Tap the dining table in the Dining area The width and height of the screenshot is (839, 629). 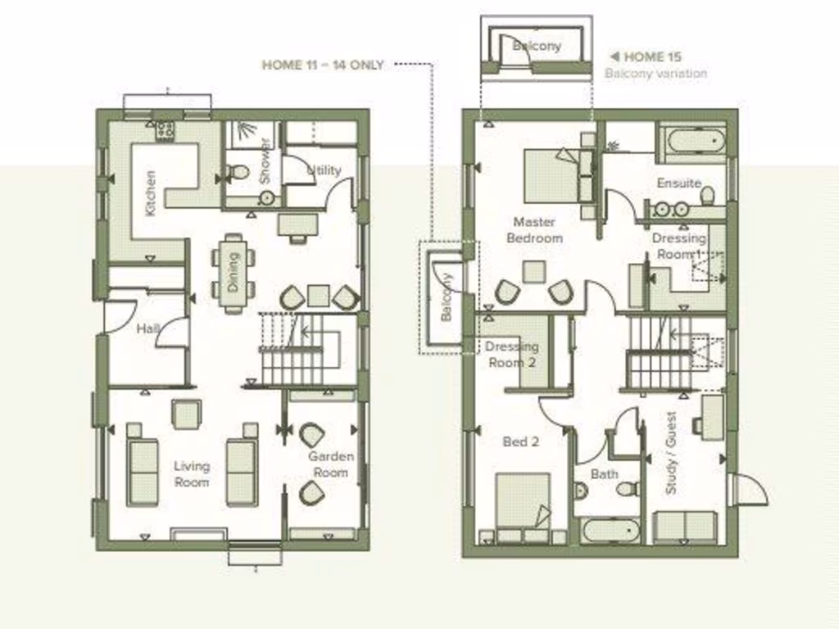tap(234, 273)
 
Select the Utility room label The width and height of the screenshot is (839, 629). tap(324, 170)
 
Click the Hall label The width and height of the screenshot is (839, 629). tap(148, 328)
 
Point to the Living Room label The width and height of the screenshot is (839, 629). tap(192, 474)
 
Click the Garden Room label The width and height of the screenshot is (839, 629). tap(331, 464)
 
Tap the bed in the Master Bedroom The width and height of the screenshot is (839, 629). tap(551, 175)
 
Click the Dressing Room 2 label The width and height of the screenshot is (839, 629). tap(511, 354)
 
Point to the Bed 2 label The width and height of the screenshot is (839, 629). tap(520, 441)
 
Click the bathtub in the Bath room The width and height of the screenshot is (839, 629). tap(611, 531)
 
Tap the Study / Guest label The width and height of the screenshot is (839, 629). tap(672, 451)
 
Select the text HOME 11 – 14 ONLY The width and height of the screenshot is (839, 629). tap(323, 65)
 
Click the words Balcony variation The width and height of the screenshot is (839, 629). tap(655, 73)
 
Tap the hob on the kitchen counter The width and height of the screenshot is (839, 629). tap(165, 129)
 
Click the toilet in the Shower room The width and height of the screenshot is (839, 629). tap(238, 172)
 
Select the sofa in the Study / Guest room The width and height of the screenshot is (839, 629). tap(685, 527)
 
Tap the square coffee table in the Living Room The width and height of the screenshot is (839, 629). tap(187, 414)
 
